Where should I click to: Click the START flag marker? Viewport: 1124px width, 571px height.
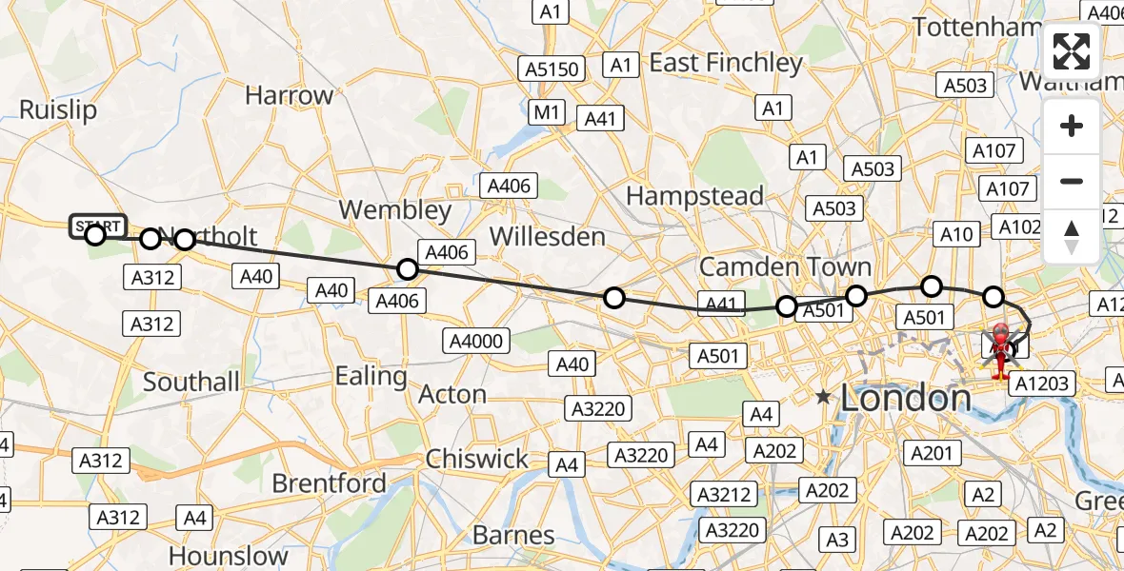pyautogui.click(x=97, y=226)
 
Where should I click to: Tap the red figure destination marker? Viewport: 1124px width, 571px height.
pyautogui.click(x=1001, y=350)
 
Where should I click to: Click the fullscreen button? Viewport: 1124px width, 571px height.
pyautogui.click(x=1072, y=51)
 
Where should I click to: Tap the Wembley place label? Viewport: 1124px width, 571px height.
pyautogui.click(x=395, y=209)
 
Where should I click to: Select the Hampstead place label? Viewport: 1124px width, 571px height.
pyautogui.click(x=694, y=196)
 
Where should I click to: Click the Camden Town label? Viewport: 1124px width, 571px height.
pyautogui.click(x=785, y=266)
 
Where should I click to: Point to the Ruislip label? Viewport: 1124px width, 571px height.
pyautogui.click(x=58, y=109)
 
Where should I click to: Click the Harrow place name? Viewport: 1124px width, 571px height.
pyautogui.click(x=289, y=95)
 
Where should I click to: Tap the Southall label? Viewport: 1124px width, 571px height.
pyautogui.click(x=191, y=382)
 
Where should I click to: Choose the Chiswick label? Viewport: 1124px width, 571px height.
pyautogui.click(x=477, y=459)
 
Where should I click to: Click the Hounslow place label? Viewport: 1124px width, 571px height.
pyautogui.click(x=229, y=555)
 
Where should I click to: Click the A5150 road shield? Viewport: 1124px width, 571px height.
pyautogui.click(x=552, y=69)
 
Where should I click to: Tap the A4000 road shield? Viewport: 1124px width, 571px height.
pyautogui.click(x=479, y=341)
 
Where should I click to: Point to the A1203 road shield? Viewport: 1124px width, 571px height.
pyautogui.click(x=1042, y=383)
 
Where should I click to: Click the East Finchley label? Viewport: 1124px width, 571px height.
pyautogui.click(x=726, y=63)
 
